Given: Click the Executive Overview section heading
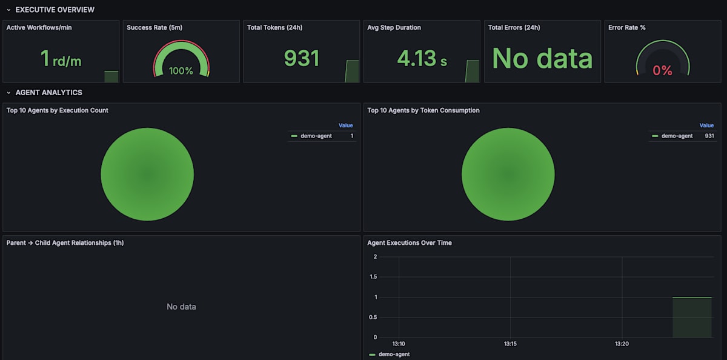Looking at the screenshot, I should (x=55, y=10).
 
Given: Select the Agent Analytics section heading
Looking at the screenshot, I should (x=48, y=93).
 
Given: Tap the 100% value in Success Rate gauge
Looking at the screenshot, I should (x=181, y=71).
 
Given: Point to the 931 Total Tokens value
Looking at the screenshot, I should (x=302, y=58).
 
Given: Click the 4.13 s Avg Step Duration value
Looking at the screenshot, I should (x=422, y=58).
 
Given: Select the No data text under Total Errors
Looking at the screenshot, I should (x=542, y=58).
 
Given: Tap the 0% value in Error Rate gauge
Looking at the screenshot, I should (x=662, y=71).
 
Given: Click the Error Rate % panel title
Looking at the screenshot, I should (x=626, y=27).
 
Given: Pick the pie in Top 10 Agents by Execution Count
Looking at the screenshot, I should (x=147, y=175).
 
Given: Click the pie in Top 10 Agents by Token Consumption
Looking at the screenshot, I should (x=508, y=175).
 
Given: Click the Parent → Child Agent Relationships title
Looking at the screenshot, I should (x=65, y=242).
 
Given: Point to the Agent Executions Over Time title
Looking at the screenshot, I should (x=410, y=242).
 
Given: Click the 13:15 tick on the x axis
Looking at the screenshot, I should (x=510, y=344).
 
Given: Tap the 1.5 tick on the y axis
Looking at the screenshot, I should (x=373, y=277).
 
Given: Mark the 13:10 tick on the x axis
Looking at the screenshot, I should (x=399, y=344).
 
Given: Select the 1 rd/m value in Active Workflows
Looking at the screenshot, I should (x=61, y=59).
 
